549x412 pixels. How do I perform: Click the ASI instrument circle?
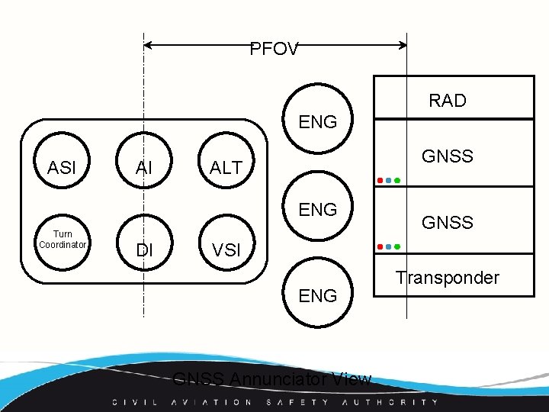click(x=62, y=167)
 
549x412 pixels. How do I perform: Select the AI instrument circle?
click(x=145, y=167)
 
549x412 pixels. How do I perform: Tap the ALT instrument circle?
click(x=226, y=167)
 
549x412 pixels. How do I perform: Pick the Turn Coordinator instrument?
click(x=63, y=240)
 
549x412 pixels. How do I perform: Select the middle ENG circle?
click(x=318, y=209)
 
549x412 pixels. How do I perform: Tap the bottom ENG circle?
click(x=318, y=295)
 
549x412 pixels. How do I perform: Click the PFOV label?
click(x=274, y=50)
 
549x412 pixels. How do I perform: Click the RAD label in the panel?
click(x=448, y=101)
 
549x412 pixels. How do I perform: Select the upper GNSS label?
click(x=448, y=156)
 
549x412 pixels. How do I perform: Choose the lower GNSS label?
click(x=448, y=223)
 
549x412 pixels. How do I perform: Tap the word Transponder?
click(x=447, y=278)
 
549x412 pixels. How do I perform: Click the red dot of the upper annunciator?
click(x=380, y=181)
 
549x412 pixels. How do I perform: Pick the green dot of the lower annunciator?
click(x=397, y=247)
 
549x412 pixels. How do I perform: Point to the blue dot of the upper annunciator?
click(x=389, y=181)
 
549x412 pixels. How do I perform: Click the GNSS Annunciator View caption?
click(x=272, y=379)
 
